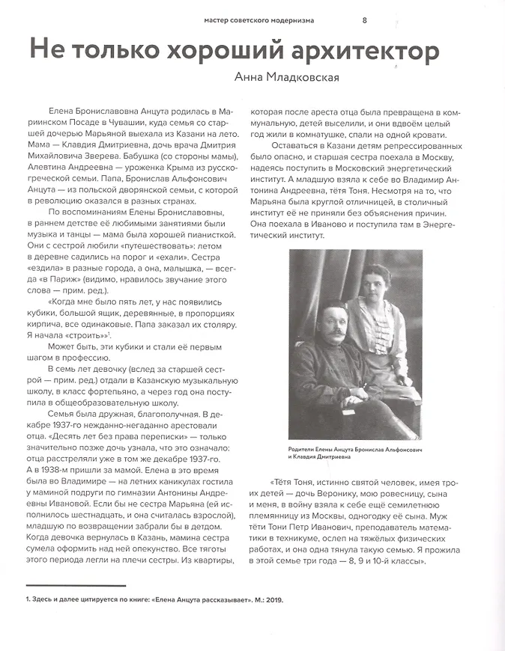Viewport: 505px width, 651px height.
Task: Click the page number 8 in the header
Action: point(365,19)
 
